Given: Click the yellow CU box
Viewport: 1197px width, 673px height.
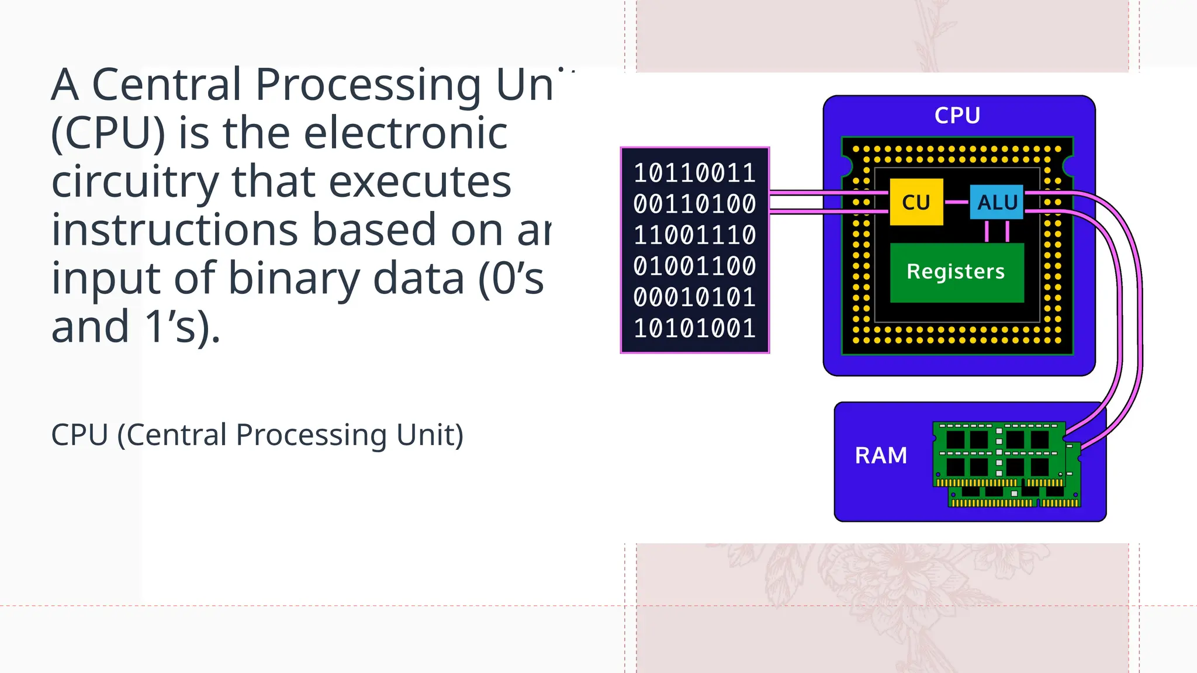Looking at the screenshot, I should (916, 202).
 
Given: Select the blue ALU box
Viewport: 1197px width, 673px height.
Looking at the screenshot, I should (997, 202).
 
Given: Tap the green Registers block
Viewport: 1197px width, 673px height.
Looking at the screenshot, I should (956, 272).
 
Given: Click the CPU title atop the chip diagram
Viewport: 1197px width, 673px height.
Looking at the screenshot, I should (957, 116).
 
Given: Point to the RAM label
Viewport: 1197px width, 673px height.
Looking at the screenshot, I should (881, 456).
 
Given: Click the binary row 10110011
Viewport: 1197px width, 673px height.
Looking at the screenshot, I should (694, 174).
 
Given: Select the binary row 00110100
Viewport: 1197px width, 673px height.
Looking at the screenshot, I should (694, 204).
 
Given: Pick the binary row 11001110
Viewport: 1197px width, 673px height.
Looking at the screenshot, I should (694, 235).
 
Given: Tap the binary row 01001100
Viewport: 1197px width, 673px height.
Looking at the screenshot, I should (694, 266).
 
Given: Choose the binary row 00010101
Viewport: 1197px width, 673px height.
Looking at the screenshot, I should (694, 297).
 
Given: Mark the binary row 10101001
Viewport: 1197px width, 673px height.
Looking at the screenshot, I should (694, 328).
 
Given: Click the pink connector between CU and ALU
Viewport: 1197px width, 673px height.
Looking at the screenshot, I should (956, 202).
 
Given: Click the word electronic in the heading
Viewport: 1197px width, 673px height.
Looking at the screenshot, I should (406, 133).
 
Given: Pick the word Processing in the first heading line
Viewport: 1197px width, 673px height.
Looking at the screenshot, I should (368, 85).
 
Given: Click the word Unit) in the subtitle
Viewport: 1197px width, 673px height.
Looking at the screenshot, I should (430, 435).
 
